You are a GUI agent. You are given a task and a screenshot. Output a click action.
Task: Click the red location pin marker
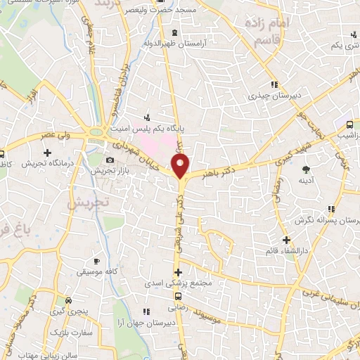coord(181,166)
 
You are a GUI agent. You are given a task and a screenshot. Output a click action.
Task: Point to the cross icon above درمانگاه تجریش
coord(47,152)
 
